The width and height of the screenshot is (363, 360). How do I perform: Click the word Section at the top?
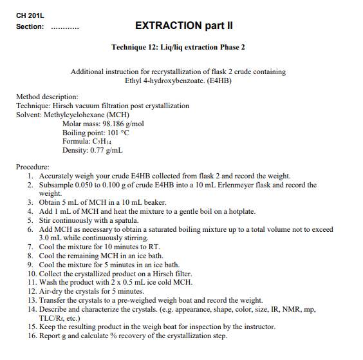coord(30,27)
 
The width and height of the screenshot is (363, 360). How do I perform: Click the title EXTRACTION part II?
coord(183,26)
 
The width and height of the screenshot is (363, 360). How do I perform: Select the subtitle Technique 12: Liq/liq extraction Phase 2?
coord(178,47)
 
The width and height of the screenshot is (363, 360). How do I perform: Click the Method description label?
coord(47,97)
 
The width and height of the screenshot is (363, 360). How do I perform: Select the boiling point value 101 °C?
coord(118,132)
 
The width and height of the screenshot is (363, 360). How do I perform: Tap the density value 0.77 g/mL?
coord(108,150)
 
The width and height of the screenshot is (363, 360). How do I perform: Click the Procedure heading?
coord(32,167)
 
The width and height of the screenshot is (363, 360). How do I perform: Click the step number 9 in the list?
coord(31,265)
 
